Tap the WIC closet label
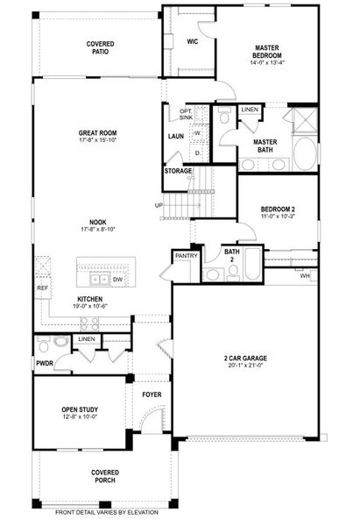click(x=193, y=40)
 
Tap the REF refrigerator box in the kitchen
click(x=42, y=288)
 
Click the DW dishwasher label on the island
click(x=116, y=280)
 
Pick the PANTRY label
click(x=186, y=255)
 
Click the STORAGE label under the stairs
click(x=179, y=171)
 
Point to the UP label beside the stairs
click(x=159, y=205)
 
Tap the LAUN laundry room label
click(x=175, y=136)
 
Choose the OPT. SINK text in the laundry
click(x=186, y=114)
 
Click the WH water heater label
click(x=305, y=276)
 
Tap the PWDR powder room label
click(x=45, y=361)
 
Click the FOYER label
click(x=152, y=394)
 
